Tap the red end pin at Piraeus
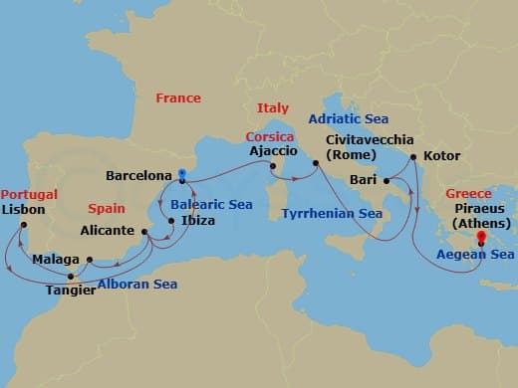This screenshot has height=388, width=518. (481, 237)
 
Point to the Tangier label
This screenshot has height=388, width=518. (68, 291)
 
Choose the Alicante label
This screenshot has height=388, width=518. (110, 231)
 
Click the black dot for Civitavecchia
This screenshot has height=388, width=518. (316, 161)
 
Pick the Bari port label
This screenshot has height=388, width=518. (364, 181)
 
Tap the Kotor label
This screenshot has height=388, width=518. (441, 156)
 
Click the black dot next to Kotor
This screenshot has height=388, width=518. (412, 156)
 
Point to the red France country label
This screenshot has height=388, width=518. (178, 97)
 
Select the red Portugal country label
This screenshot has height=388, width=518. (29, 194)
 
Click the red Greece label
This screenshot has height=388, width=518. (468, 193)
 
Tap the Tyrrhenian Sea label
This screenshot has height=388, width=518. (332, 213)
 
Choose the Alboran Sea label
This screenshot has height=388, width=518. (137, 284)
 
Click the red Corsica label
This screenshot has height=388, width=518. (270, 135)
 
